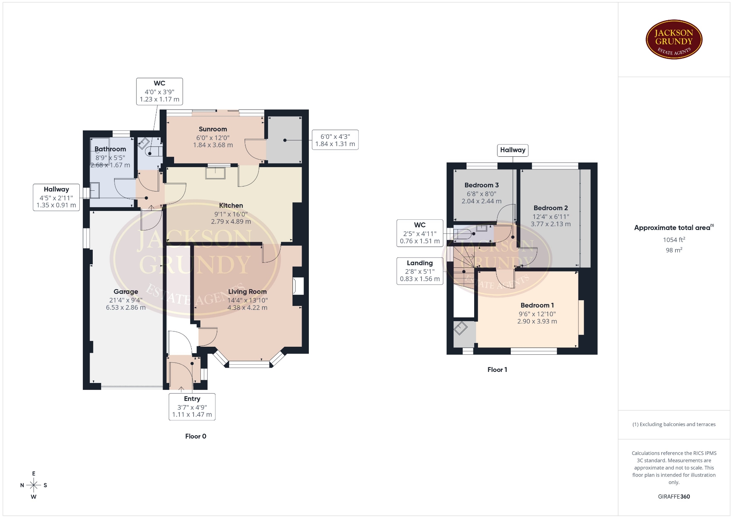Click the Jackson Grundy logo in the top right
click(674, 40)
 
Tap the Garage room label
click(126, 292)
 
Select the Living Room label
click(247, 292)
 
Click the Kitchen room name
click(231, 206)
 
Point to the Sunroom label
click(213, 129)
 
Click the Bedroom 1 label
click(537, 305)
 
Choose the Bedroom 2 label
click(551, 208)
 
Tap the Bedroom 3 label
click(481, 185)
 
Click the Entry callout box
click(192, 407)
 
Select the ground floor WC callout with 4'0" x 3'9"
click(160, 91)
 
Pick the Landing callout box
click(420, 271)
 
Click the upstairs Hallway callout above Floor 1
click(513, 150)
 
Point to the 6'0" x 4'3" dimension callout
click(335, 140)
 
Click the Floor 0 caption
click(196, 436)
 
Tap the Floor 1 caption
click(497, 370)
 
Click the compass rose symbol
click(34, 485)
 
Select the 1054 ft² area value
click(674, 240)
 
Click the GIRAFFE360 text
click(674, 497)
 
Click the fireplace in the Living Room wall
click(298, 286)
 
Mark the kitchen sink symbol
click(215, 173)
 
